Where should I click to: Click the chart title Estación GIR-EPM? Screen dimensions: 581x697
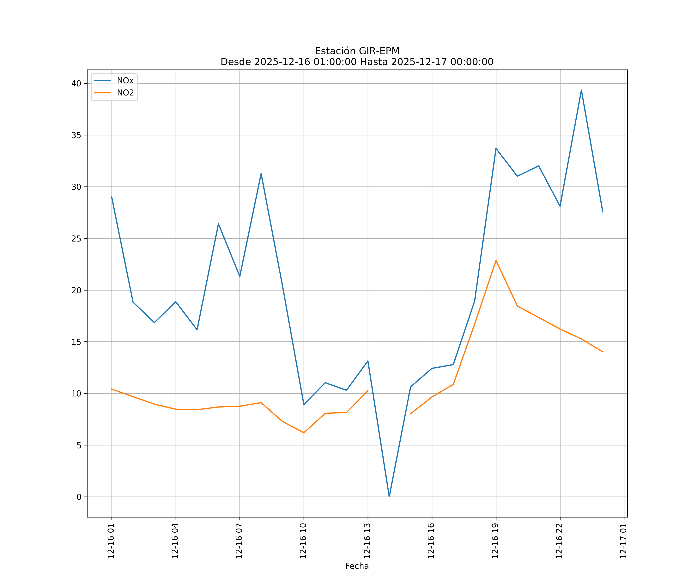pyautogui.click(x=357, y=51)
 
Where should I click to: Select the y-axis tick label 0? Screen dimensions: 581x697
pyautogui.click(x=79, y=497)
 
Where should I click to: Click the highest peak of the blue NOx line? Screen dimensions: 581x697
pyautogui.click(x=581, y=90)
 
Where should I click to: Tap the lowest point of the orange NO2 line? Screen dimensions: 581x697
pyautogui.click(x=304, y=433)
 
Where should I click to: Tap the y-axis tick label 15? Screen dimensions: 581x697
pyautogui.click(x=76, y=342)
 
